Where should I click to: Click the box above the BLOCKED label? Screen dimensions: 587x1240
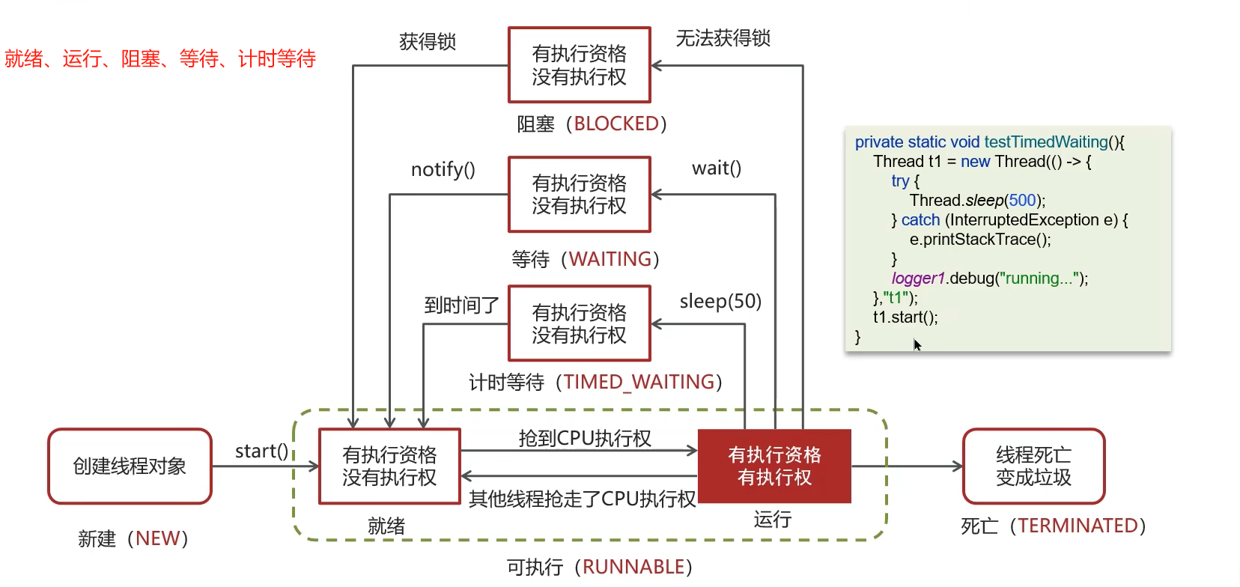(x=579, y=65)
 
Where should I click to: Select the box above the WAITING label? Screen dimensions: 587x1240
(x=579, y=195)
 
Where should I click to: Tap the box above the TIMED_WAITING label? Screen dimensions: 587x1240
(x=579, y=323)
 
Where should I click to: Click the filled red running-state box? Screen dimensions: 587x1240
(x=774, y=466)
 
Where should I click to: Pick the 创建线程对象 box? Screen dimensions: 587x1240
(x=130, y=466)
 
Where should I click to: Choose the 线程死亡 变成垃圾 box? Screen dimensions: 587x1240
(x=1033, y=466)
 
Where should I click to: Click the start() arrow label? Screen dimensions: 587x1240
(x=261, y=451)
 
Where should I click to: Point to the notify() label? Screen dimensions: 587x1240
(x=443, y=170)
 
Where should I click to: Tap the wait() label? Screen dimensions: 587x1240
(x=717, y=168)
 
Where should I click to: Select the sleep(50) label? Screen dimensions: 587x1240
(x=720, y=301)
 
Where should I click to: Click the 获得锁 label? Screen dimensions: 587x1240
(x=428, y=41)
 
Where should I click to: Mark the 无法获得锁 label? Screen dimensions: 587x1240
(x=723, y=38)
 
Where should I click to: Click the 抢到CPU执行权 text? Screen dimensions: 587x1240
(x=585, y=438)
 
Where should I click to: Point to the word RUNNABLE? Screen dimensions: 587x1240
(x=633, y=567)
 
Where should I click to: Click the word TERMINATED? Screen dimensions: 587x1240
(x=1078, y=526)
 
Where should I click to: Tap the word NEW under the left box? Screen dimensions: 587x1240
(x=158, y=538)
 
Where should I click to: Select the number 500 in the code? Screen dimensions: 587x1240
(x=1022, y=200)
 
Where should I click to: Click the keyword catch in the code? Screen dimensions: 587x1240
(x=920, y=219)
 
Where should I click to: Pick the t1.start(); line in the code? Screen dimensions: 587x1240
(x=905, y=317)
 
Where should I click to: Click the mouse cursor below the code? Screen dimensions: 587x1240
(x=917, y=344)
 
